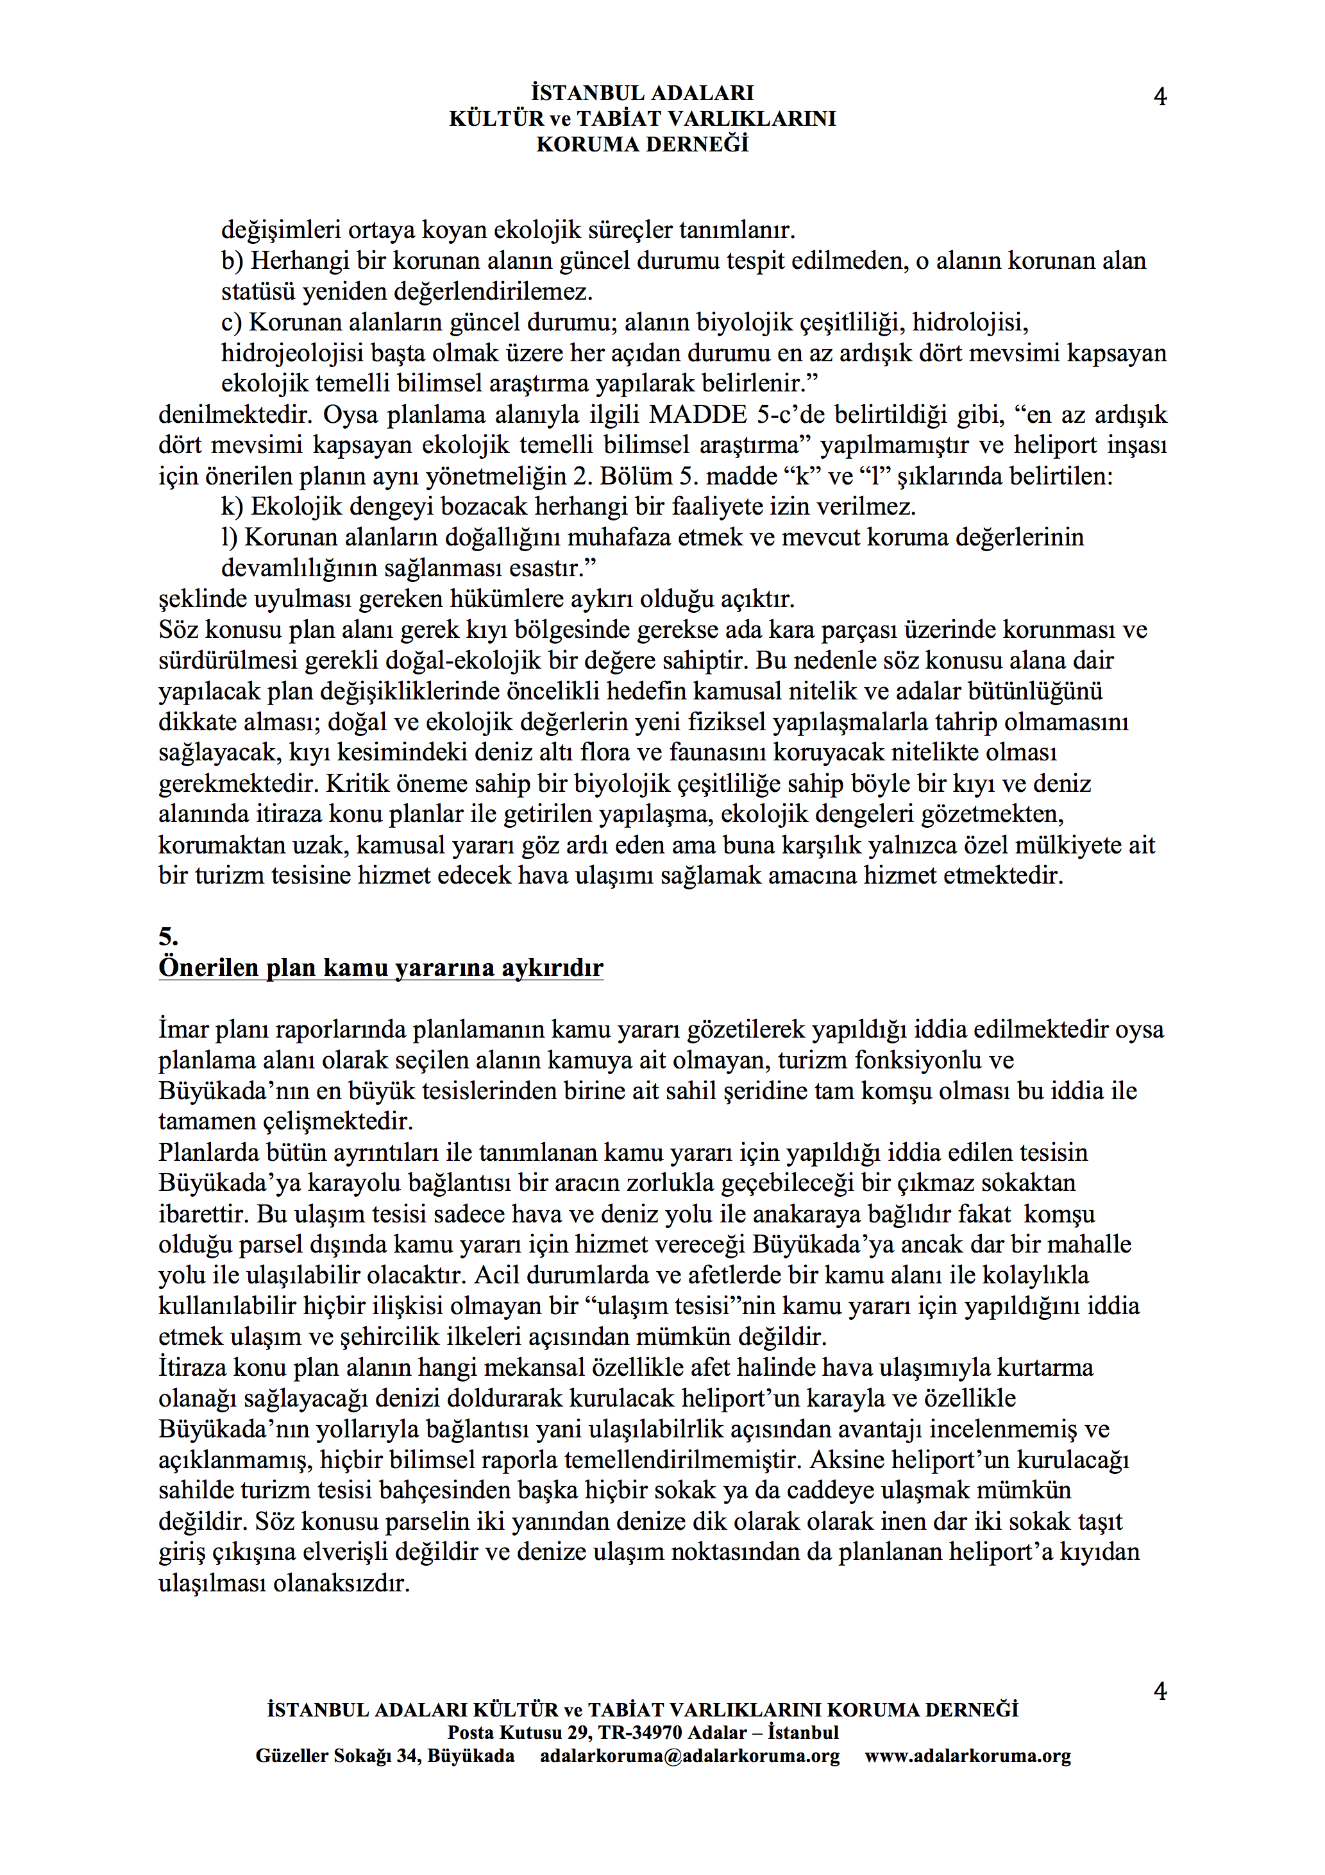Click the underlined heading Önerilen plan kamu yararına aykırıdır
point(380,968)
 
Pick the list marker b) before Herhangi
point(232,261)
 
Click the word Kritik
point(357,784)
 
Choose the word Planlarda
point(209,1153)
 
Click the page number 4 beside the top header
point(1160,97)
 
